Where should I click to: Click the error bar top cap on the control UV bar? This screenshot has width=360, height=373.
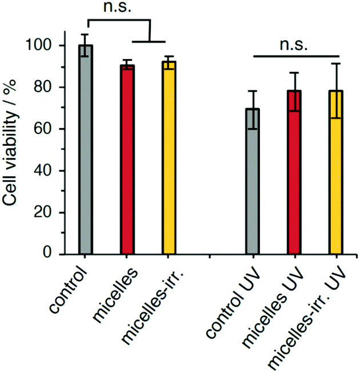coord(253,91)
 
